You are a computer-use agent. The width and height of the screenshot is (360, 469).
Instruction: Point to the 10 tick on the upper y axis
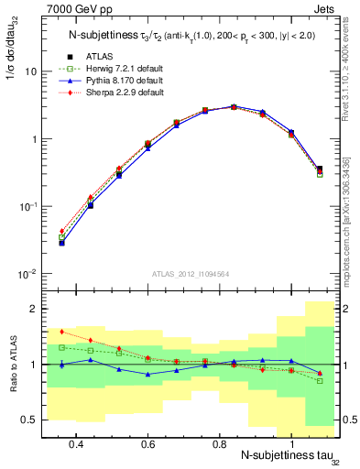point(30,71)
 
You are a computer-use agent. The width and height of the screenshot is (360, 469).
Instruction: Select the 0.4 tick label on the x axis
point(76,443)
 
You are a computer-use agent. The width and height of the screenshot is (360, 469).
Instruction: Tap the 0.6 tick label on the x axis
point(147,443)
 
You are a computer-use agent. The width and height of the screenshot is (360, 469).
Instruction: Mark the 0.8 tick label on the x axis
point(219,443)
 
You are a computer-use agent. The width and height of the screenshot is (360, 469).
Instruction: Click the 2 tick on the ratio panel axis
point(33,309)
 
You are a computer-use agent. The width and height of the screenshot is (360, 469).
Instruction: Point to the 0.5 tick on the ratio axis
point(29,420)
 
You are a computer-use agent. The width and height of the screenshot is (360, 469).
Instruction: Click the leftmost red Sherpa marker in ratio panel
point(61,332)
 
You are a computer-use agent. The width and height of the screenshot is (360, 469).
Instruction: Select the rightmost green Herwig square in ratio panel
point(320,380)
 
